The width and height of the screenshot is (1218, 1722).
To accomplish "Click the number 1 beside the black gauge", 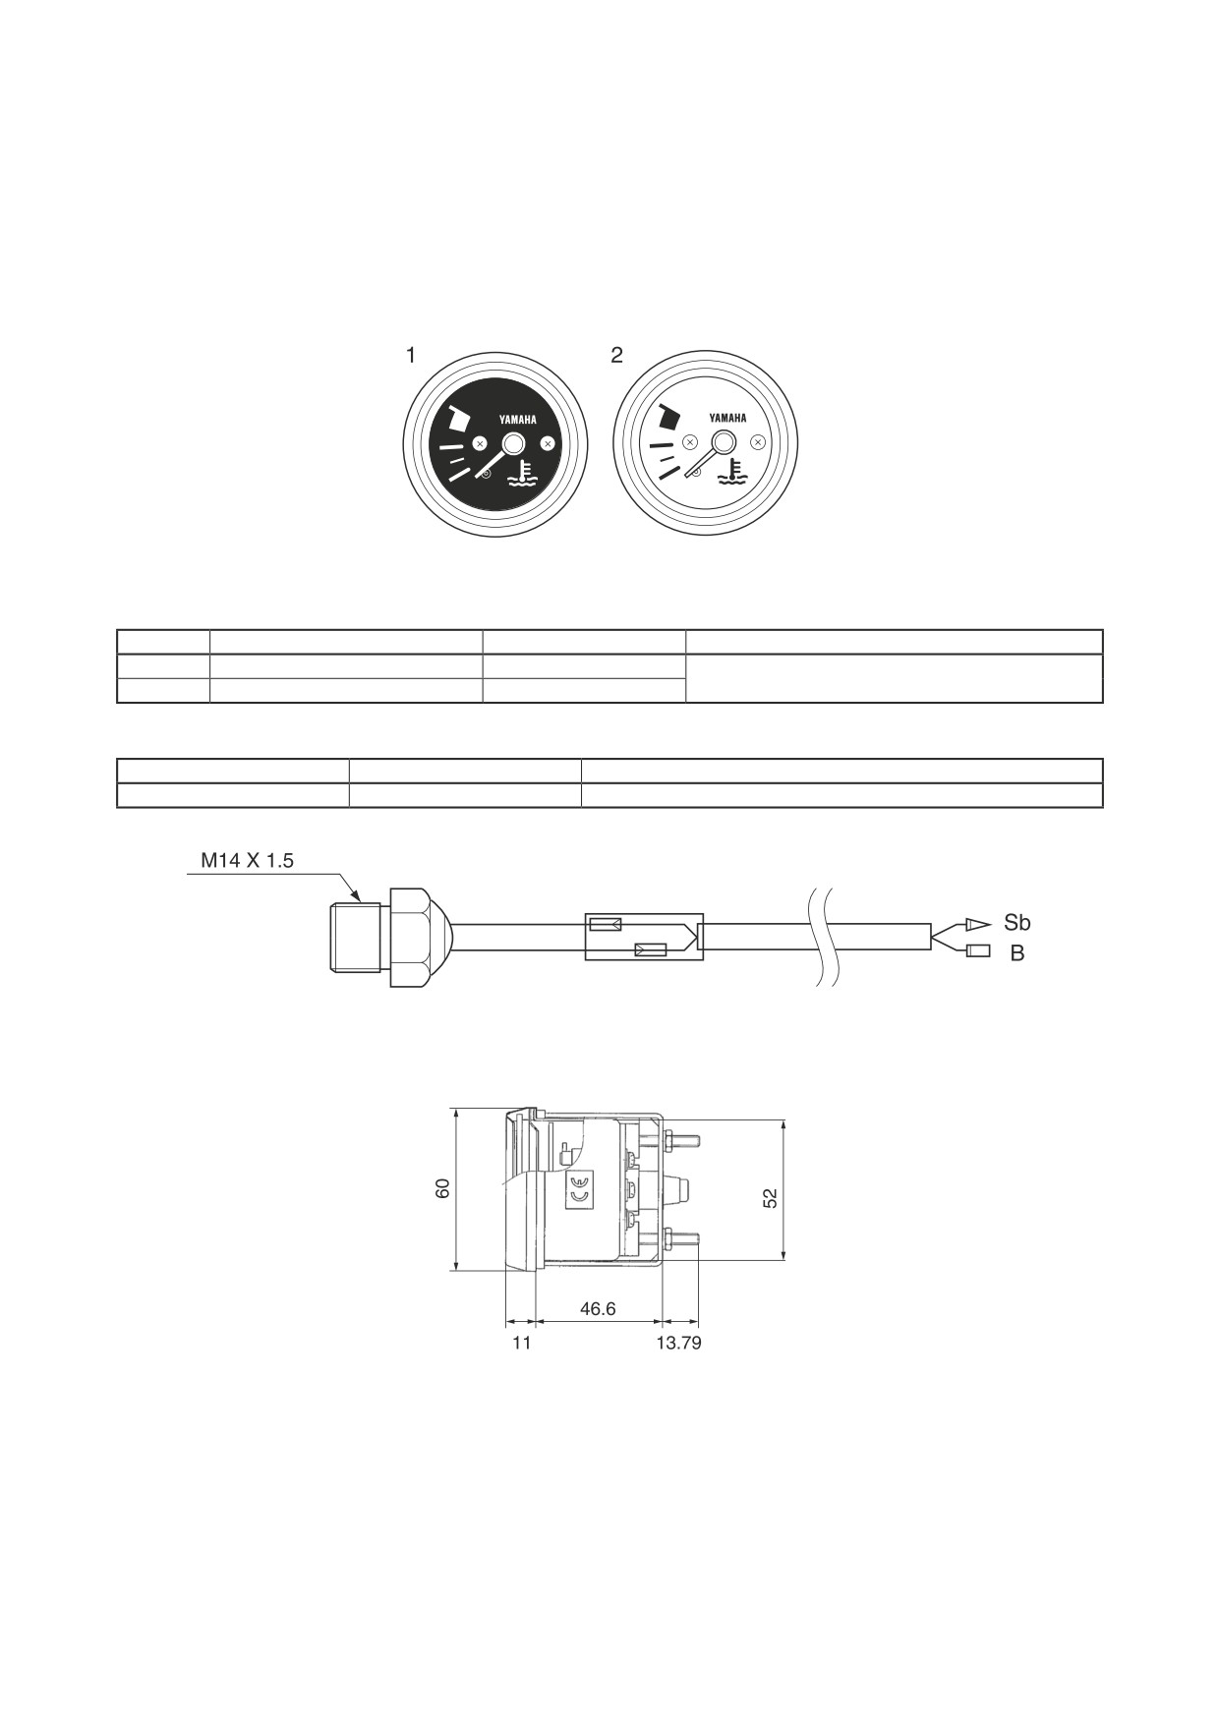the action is (x=411, y=355).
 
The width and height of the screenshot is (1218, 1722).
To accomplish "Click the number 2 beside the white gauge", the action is (x=616, y=355).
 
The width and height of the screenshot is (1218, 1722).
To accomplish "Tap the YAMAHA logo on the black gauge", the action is (x=518, y=420).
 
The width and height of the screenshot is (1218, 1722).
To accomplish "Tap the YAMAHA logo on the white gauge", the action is (x=727, y=418).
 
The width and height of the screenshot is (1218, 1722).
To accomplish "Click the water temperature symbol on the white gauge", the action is (x=731, y=472).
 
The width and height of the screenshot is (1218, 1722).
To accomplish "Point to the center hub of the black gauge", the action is (x=513, y=444).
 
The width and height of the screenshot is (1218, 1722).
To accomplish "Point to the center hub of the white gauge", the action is (x=724, y=442).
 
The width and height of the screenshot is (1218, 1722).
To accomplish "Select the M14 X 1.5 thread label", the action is (x=247, y=860).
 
